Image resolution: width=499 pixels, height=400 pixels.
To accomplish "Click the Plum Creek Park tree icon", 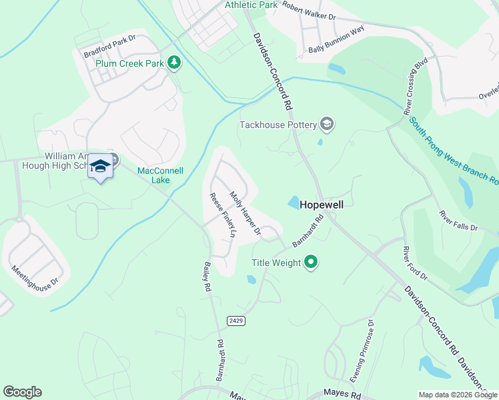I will pos(174,63).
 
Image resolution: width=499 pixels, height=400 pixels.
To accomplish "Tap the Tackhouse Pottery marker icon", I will pos(327,124).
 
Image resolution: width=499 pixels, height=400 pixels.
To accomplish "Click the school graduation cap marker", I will pos(100,166).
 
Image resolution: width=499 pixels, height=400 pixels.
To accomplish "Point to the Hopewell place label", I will pos(322,205).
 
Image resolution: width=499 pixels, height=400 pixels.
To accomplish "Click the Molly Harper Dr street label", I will pos(245,213).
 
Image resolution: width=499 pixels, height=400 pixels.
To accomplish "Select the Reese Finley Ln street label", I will pos(223,215).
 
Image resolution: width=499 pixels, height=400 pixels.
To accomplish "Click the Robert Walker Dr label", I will pos(309,10).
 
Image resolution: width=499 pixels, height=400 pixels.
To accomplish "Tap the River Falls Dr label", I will pos(458,221).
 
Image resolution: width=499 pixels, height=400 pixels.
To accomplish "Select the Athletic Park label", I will pos(251,5).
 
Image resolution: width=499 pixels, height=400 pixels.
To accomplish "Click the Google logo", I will pos(21,392).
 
